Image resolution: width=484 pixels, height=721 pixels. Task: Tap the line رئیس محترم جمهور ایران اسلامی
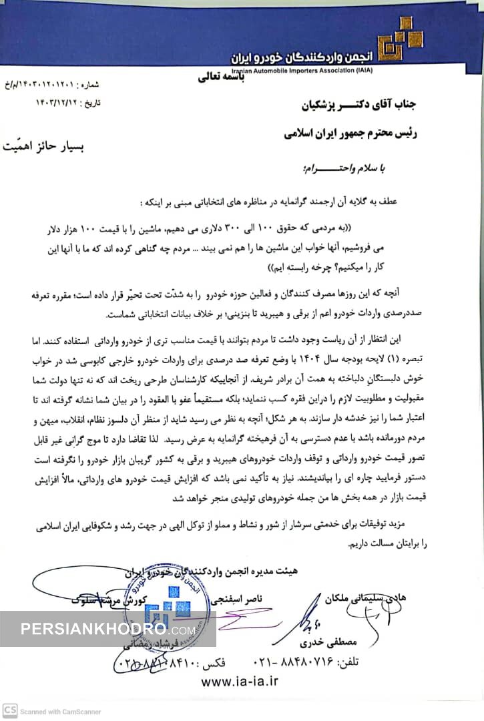pyautogui.click(x=350, y=134)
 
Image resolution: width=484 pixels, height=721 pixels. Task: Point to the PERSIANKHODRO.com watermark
pyautogui.click(x=107, y=629)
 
